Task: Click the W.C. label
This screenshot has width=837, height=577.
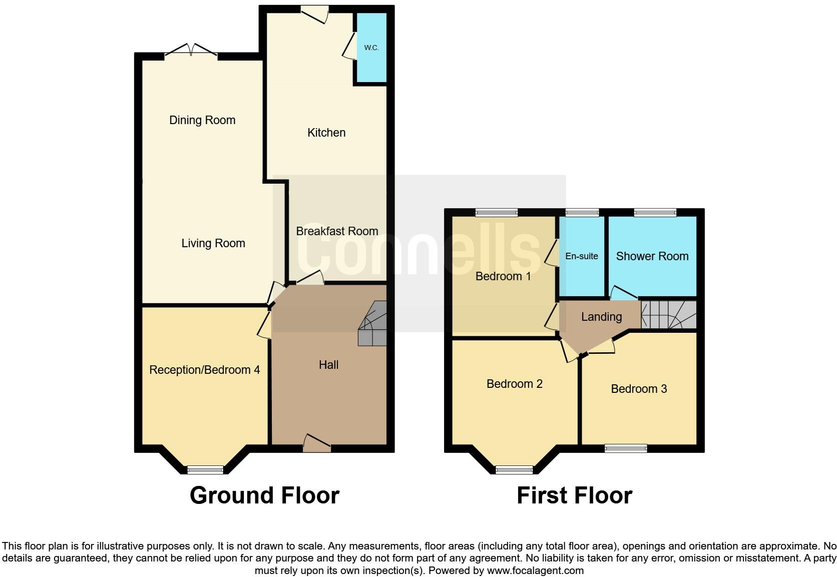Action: [x=371, y=48]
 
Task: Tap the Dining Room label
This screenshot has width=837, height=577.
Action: [x=202, y=120]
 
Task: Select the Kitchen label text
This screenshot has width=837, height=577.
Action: [x=326, y=133]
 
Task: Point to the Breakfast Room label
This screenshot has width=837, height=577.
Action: [x=337, y=231]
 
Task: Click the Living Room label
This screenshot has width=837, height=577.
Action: [x=213, y=243]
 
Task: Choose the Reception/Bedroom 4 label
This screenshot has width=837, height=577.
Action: [x=204, y=370]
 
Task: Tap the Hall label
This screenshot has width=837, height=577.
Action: [x=328, y=365]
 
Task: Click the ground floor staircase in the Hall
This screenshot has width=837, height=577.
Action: [x=373, y=324]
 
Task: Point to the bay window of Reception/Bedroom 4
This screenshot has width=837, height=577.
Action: [x=205, y=469]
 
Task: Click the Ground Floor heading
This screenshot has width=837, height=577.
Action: [x=264, y=495]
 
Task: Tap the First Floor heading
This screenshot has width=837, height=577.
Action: [x=574, y=495]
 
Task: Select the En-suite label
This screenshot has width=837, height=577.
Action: [x=582, y=256]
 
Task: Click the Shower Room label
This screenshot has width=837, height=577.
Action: [x=652, y=256]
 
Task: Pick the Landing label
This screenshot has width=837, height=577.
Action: [x=601, y=317]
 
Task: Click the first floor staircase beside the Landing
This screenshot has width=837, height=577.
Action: [x=668, y=315]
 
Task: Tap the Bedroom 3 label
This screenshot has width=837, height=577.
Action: [x=639, y=389]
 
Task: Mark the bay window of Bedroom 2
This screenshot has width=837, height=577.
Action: [x=514, y=469]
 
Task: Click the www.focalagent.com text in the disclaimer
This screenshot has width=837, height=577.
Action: [x=535, y=570]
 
